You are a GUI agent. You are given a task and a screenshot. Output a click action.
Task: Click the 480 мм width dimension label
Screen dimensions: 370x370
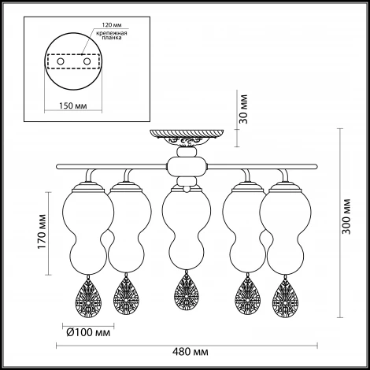coord(191,352)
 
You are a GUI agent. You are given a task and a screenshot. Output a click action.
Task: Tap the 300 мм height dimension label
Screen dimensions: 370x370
coord(346,216)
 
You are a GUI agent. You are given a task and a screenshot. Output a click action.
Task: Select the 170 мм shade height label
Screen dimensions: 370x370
coord(42,231)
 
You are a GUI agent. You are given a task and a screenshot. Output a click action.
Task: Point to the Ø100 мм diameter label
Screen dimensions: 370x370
coord(88,333)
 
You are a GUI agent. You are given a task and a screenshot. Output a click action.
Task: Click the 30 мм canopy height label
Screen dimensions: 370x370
coord(243,109)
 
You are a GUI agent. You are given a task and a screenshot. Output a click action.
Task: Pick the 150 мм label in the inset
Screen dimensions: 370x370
coord(72,105)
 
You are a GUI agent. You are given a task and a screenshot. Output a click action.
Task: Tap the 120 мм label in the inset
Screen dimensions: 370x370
coord(112,25)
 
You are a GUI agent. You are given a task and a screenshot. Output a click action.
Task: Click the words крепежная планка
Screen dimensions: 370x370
coord(112,35)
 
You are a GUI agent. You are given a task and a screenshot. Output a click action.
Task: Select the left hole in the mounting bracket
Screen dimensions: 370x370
coord(61,61)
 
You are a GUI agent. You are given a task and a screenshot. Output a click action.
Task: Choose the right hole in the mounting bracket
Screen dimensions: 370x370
coord(87,61)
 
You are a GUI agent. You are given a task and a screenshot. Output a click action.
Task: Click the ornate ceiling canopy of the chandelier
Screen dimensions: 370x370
coord(187,138)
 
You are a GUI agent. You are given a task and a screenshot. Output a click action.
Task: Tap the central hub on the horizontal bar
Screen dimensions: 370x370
coord(187,166)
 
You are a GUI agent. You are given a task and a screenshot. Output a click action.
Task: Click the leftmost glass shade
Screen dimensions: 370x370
coord(88,231)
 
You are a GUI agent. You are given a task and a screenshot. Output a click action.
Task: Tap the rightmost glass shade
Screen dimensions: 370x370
coord(286,231)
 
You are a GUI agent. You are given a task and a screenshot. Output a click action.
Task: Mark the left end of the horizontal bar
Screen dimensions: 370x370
coord(57,166)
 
